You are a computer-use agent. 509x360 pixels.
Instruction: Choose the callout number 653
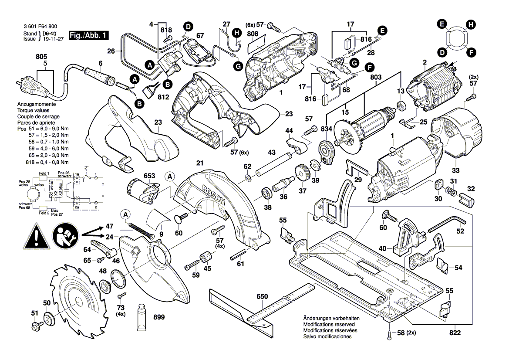[x=149, y=176]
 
